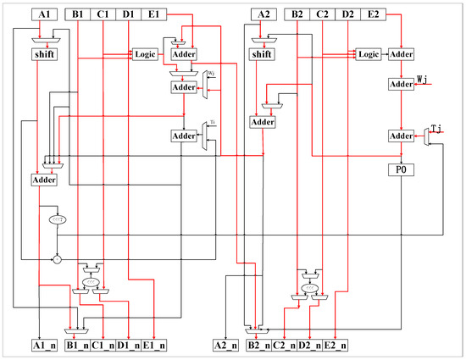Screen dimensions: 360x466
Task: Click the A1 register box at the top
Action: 44,14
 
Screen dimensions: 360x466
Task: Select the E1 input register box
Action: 153,14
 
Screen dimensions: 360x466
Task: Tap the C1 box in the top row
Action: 103,14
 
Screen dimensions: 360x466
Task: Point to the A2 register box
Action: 264,14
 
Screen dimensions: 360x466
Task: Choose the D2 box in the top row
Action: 347,14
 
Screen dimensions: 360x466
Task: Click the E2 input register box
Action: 372,14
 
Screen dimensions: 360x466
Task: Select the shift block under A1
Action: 44,54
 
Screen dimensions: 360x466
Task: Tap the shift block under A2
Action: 264,54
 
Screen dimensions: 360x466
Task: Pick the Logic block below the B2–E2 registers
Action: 368,54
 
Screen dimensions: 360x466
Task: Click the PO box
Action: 401,169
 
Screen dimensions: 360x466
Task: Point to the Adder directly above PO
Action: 401,136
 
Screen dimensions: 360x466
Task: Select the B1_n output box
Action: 79,345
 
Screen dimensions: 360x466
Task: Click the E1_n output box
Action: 153,345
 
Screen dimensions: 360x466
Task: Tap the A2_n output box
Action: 225,345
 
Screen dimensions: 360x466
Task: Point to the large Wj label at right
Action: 424,80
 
